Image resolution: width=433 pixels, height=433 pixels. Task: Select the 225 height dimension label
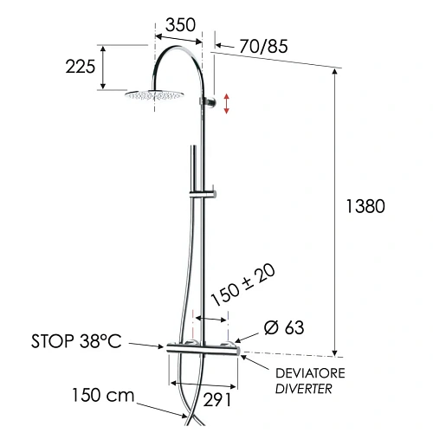81,68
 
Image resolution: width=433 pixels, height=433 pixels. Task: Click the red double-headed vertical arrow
227,103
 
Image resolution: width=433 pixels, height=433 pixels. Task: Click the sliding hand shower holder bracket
209,191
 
